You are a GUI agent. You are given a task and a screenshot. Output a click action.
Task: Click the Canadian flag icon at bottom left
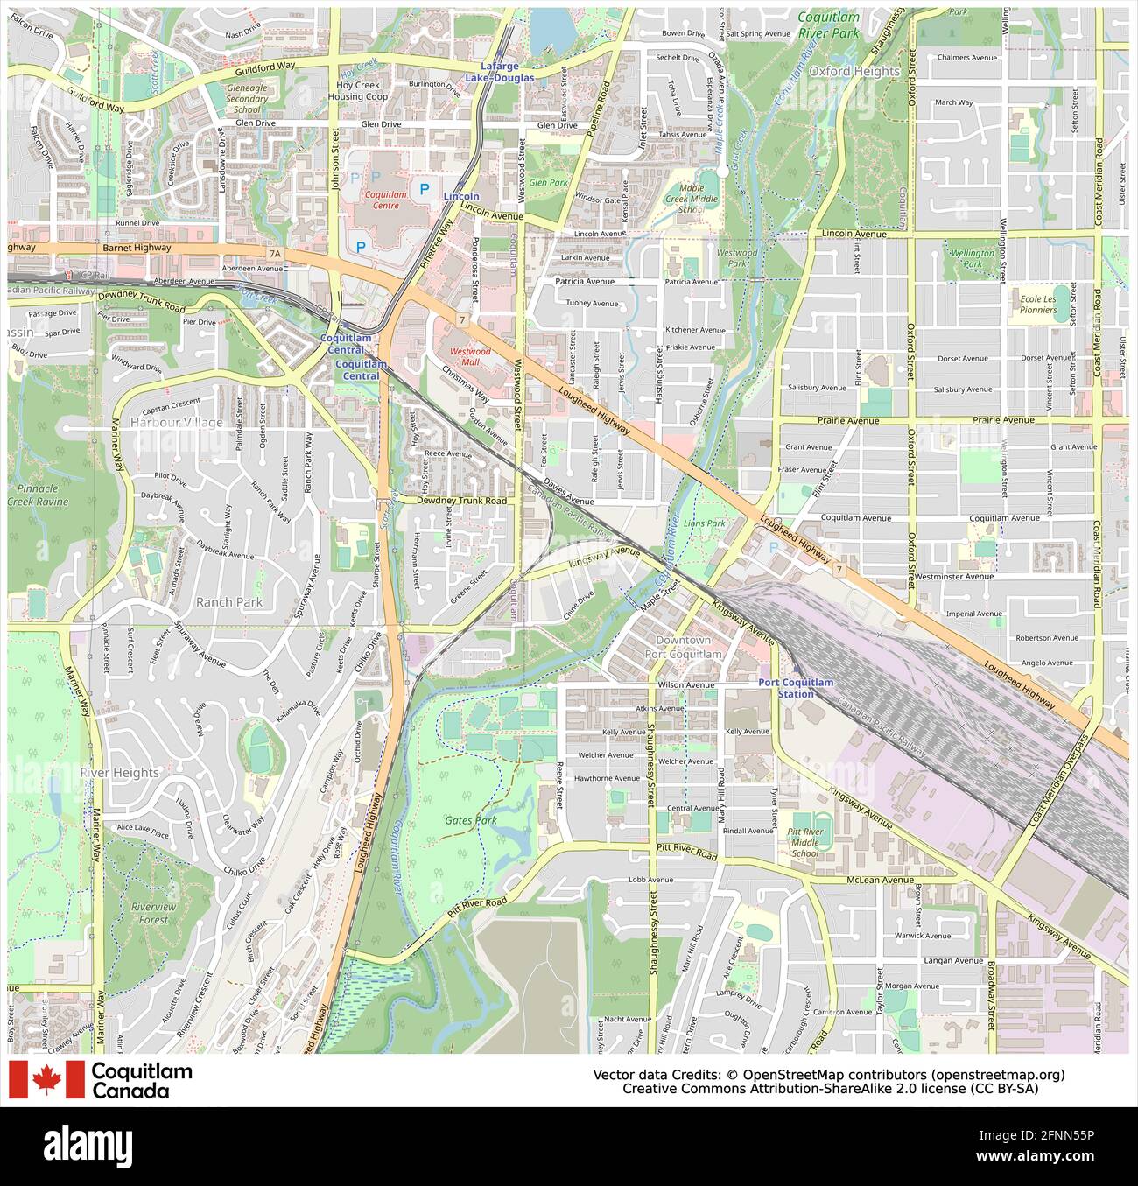[46, 1079]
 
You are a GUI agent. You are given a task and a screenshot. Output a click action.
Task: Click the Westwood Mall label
[470, 356]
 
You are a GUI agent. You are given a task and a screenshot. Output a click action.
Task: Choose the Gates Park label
[471, 820]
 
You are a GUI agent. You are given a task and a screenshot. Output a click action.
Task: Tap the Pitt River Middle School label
[804, 842]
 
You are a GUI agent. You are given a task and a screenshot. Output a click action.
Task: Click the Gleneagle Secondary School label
[248, 99]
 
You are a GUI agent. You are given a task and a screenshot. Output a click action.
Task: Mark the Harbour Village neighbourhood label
[176, 422]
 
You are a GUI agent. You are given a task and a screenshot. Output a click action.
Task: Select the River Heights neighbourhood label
[119, 773]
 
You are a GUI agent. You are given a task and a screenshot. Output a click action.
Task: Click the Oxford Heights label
[853, 71]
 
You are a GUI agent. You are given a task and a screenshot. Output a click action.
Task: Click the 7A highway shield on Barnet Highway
[276, 254]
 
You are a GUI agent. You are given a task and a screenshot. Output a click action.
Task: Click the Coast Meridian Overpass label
[1059, 778]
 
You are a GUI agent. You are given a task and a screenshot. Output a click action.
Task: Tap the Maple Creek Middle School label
[692, 199]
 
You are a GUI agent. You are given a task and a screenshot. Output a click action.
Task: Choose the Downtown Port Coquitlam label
[683, 648]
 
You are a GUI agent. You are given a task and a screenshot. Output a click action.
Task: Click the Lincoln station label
[461, 196]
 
